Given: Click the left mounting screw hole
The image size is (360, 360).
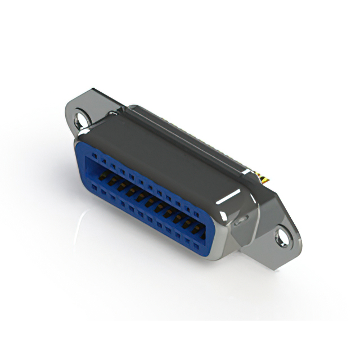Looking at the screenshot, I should (x=82, y=119).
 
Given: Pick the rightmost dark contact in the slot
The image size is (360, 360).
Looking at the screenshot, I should (x=196, y=229).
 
